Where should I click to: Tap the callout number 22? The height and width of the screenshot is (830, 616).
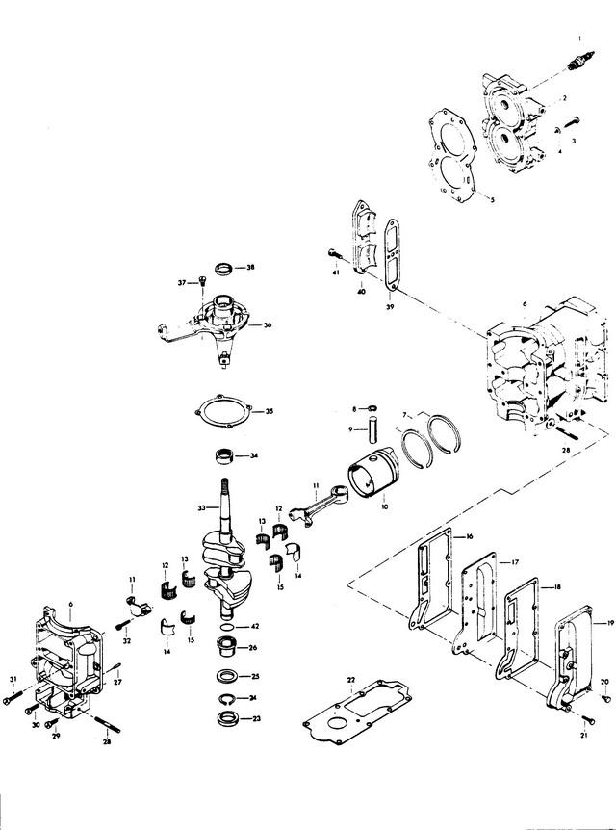(x=352, y=680)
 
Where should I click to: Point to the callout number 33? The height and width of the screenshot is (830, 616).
(x=201, y=507)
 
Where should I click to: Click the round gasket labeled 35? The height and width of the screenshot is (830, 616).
(x=222, y=411)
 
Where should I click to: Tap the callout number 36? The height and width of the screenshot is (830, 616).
(x=268, y=325)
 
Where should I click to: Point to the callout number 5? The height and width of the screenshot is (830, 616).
(x=492, y=199)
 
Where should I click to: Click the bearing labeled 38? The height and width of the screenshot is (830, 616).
(x=224, y=266)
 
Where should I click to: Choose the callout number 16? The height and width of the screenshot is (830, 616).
(x=471, y=536)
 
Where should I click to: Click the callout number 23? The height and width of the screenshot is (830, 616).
(x=254, y=717)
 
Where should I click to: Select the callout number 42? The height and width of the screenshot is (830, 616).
(x=254, y=626)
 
